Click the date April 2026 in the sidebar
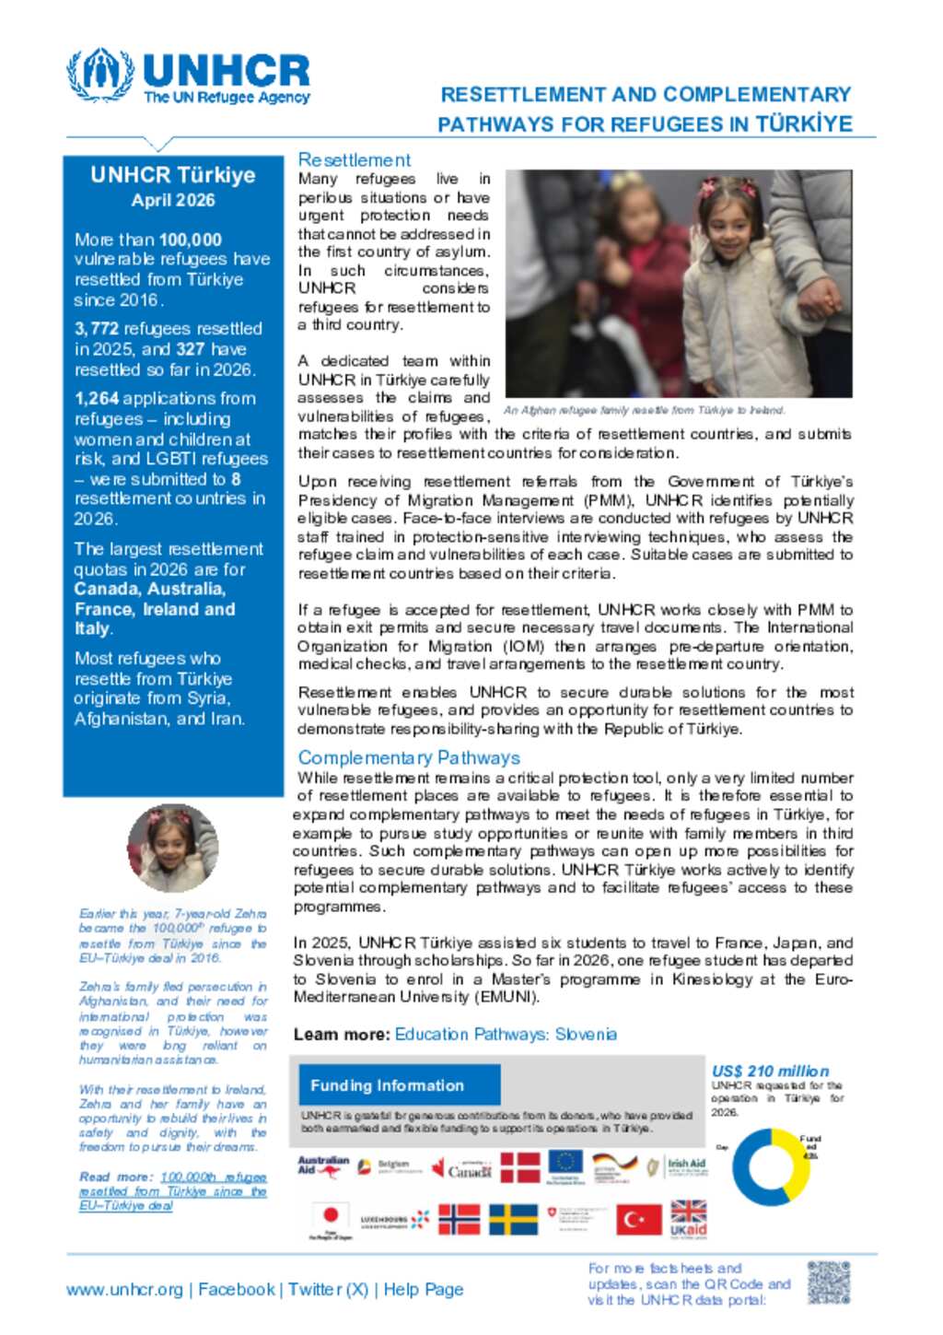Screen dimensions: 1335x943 (x=173, y=200)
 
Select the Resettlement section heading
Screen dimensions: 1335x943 (x=355, y=159)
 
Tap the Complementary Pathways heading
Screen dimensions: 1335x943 (x=408, y=757)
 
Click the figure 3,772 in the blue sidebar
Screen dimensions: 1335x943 (x=97, y=329)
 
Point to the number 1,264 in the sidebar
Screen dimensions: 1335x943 (x=97, y=399)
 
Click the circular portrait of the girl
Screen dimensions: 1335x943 (x=172, y=849)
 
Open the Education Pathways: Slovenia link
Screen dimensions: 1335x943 (x=506, y=1035)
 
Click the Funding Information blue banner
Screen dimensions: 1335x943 (x=395, y=1085)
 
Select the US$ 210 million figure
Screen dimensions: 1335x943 (x=770, y=1071)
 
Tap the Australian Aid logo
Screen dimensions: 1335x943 (x=323, y=1167)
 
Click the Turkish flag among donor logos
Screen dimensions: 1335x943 (x=638, y=1219)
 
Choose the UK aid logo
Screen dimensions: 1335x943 (x=688, y=1218)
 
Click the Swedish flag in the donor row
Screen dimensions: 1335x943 (x=513, y=1219)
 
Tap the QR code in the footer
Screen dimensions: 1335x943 (x=828, y=1282)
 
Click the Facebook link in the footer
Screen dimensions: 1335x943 (x=237, y=1290)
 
